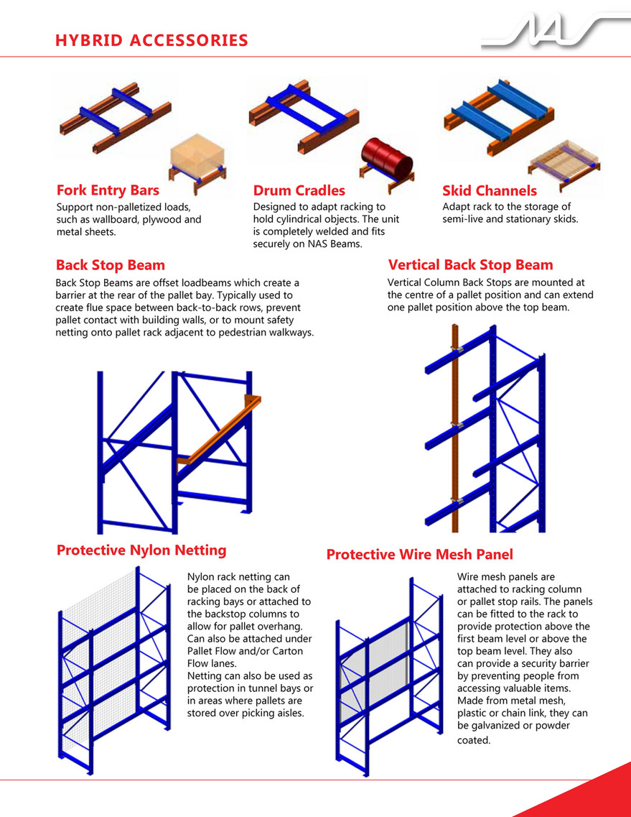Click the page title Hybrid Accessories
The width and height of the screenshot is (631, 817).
(151, 40)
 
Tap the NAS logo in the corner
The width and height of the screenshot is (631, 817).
(555, 32)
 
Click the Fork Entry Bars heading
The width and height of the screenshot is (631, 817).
(108, 190)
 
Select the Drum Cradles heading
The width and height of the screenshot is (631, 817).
(299, 190)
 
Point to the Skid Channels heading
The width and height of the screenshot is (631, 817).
(490, 190)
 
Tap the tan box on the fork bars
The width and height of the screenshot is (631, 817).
(198, 152)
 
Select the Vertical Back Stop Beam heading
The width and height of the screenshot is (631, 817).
(470, 264)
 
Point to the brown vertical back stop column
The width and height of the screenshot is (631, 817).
(455, 428)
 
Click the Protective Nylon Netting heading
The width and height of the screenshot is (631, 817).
(141, 550)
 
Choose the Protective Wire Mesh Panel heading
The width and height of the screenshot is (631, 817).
(420, 555)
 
